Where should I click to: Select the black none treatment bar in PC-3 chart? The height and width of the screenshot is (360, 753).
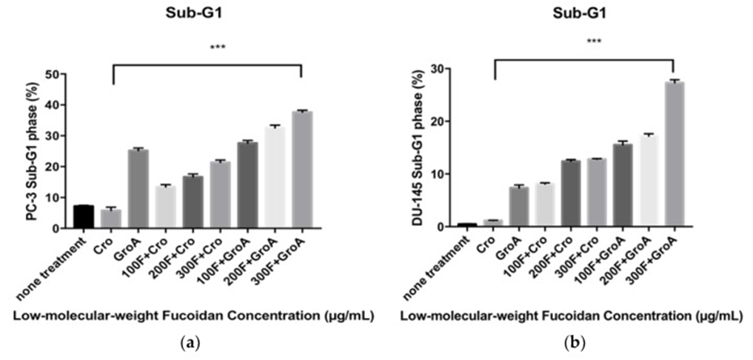click(84, 216)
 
